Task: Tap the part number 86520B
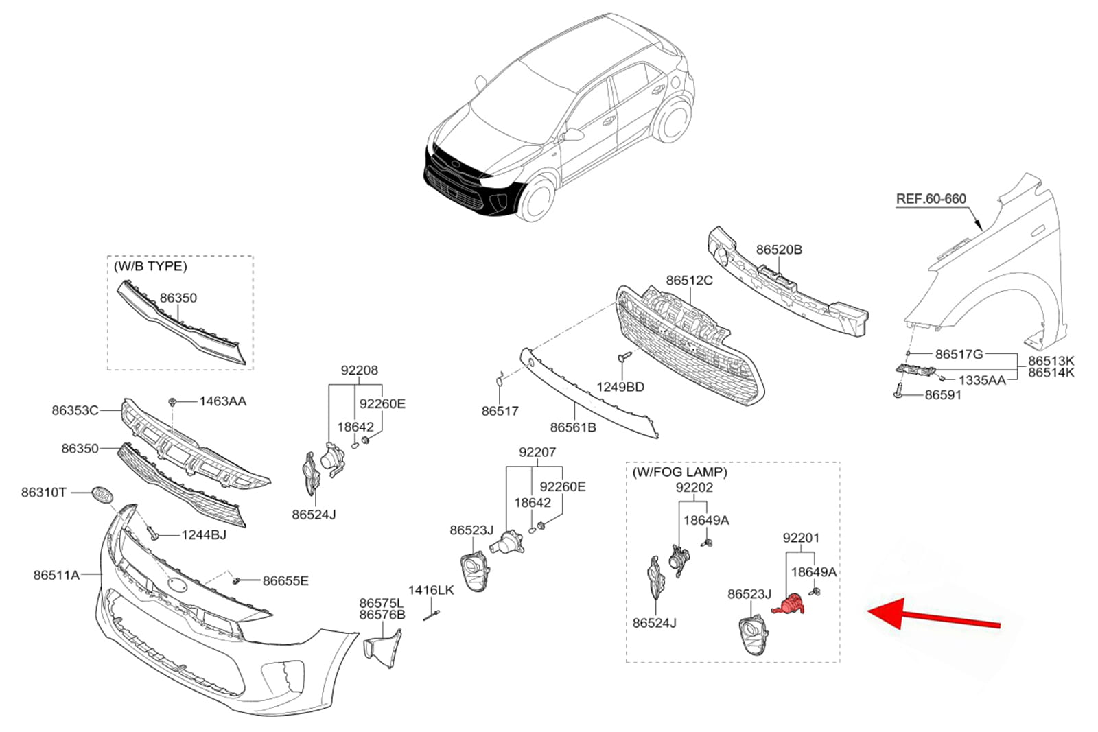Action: tap(779, 250)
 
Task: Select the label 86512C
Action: tap(689, 281)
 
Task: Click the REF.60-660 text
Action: tap(931, 199)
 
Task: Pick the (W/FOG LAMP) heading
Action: tap(679, 472)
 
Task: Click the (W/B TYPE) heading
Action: tap(150, 266)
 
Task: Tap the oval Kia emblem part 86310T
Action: tap(101, 495)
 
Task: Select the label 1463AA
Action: tap(222, 401)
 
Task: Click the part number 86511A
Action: tap(56, 575)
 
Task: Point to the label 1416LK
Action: tap(431, 590)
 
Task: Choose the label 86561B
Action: tap(573, 427)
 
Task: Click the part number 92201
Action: tap(801, 538)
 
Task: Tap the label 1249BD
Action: tap(620, 387)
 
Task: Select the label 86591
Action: tap(943, 395)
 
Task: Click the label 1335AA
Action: tap(982, 380)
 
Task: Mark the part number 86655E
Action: tap(285, 581)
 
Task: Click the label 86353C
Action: tap(75, 410)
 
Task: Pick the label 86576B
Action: tap(382, 615)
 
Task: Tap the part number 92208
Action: tap(359, 370)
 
